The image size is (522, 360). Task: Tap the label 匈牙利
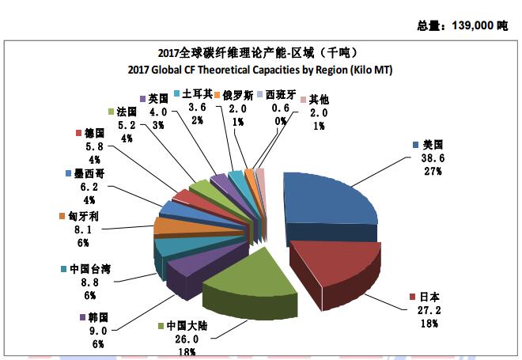click(x=83, y=216)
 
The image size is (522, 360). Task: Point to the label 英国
click(x=158, y=98)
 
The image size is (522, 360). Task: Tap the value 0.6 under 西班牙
click(x=279, y=108)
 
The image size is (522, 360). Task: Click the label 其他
click(x=319, y=99)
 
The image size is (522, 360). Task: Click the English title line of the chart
click(x=260, y=70)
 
